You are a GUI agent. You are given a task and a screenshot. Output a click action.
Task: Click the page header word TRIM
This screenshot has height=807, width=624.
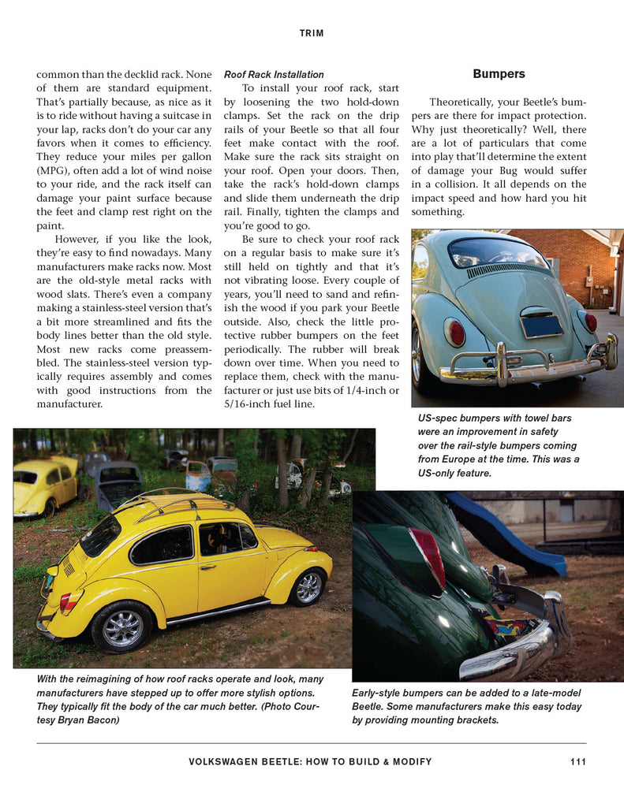tap(312, 33)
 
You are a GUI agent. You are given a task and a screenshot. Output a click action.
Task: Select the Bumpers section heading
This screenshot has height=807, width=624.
tap(499, 74)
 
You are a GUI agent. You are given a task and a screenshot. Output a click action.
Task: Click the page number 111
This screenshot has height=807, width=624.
tap(577, 761)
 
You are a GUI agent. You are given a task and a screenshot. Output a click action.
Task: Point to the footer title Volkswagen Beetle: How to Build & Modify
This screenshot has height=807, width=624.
tap(310, 761)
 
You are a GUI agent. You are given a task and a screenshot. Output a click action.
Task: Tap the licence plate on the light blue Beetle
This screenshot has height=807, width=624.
tap(541, 325)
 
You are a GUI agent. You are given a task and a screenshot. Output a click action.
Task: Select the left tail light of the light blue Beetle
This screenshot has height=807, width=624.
tap(454, 332)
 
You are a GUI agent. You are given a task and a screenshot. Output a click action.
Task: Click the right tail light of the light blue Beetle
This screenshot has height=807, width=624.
tap(590, 322)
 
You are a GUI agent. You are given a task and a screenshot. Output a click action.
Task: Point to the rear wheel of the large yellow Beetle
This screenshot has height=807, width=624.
tap(121, 627)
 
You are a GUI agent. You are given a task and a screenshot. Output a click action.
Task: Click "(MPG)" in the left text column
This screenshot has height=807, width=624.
tap(54, 171)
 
